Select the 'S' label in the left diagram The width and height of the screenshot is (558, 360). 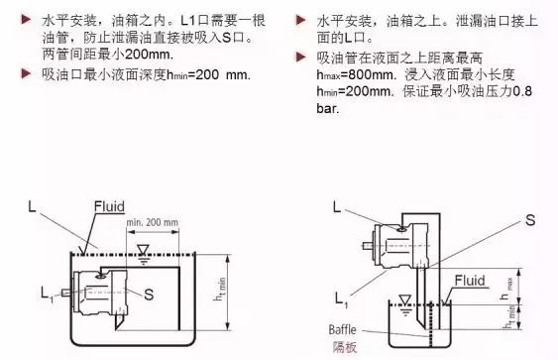coord(147,294)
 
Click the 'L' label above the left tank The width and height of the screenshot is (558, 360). coord(35,206)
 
